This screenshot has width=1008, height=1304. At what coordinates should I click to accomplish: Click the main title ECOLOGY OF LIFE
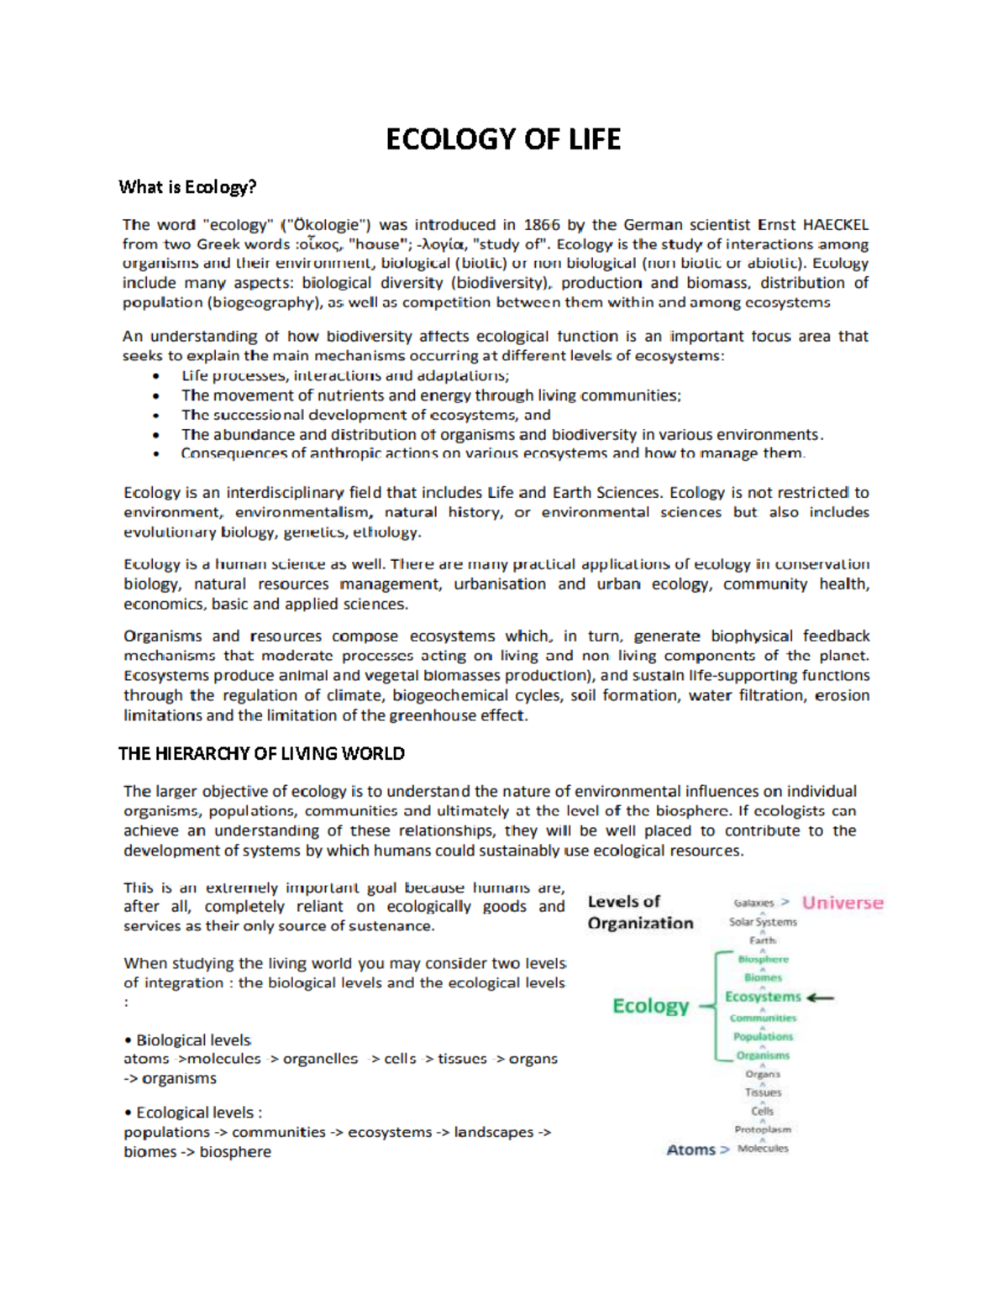(x=503, y=139)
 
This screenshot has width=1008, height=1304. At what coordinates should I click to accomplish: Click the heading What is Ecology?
(x=187, y=187)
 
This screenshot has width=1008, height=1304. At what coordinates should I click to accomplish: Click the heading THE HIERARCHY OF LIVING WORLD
(x=261, y=754)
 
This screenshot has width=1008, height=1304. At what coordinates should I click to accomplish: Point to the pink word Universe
(x=843, y=903)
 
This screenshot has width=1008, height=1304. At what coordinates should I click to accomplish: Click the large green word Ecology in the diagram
(x=651, y=1006)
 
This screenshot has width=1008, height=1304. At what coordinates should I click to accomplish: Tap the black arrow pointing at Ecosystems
(x=820, y=998)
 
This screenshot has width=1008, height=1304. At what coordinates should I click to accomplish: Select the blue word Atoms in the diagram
(x=690, y=1150)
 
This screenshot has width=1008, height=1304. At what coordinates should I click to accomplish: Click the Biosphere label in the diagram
(x=763, y=959)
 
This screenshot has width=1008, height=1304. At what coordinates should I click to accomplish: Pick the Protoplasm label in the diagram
(x=763, y=1129)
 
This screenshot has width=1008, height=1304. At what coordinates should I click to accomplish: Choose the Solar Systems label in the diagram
(x=763, y=922)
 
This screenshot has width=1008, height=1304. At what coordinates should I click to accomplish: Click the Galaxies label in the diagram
(x=753, y=903)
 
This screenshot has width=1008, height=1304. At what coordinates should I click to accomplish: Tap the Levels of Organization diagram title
(x=640, y=913)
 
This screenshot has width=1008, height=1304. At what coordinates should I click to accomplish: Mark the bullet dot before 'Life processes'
(x=156, y=377)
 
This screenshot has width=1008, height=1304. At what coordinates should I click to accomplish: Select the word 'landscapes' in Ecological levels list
(x=494, y=1132)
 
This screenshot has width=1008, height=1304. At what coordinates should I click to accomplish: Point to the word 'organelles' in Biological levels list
(x=320, y=1059)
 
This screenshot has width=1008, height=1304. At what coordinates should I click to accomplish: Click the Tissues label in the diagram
(x=763, y=1092)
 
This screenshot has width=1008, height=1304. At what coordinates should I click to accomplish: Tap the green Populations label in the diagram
(x=763, y=1037)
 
